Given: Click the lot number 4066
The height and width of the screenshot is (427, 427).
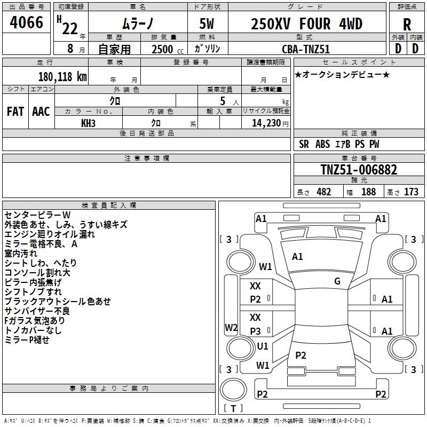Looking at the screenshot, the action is tap(27, 23).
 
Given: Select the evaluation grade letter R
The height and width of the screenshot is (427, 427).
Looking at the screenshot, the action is tap(407, 25).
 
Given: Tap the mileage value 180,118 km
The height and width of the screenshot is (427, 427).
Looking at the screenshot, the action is tap(62, 77).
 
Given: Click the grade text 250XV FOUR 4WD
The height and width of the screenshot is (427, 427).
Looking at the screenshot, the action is tap(306, 24).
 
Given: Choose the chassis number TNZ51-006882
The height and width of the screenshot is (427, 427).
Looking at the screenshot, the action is tap(359, 170).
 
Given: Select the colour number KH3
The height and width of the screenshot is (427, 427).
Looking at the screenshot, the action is tap(88, 123).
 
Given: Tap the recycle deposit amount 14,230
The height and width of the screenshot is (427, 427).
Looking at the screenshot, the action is tap(264, 123).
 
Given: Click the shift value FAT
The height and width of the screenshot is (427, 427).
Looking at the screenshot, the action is tap(15, 111).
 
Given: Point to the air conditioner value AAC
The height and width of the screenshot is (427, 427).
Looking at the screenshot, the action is tap(41, 111).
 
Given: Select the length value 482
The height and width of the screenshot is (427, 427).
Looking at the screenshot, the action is tap(323, 192).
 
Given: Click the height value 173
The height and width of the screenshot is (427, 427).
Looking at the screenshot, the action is tap(411, 192).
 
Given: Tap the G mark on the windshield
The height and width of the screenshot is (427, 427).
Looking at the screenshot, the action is tap(337, 281).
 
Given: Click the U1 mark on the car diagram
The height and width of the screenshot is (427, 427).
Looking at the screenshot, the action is tap(263, 346).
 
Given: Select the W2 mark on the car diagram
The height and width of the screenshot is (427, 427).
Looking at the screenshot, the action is tap(231, 328).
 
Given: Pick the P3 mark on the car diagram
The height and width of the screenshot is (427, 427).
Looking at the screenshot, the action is tap(255, 331).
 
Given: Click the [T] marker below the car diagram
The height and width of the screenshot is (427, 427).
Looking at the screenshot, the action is tap(233, 409).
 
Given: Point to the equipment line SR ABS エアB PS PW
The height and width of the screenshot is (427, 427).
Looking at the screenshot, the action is tap(339, 144).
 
